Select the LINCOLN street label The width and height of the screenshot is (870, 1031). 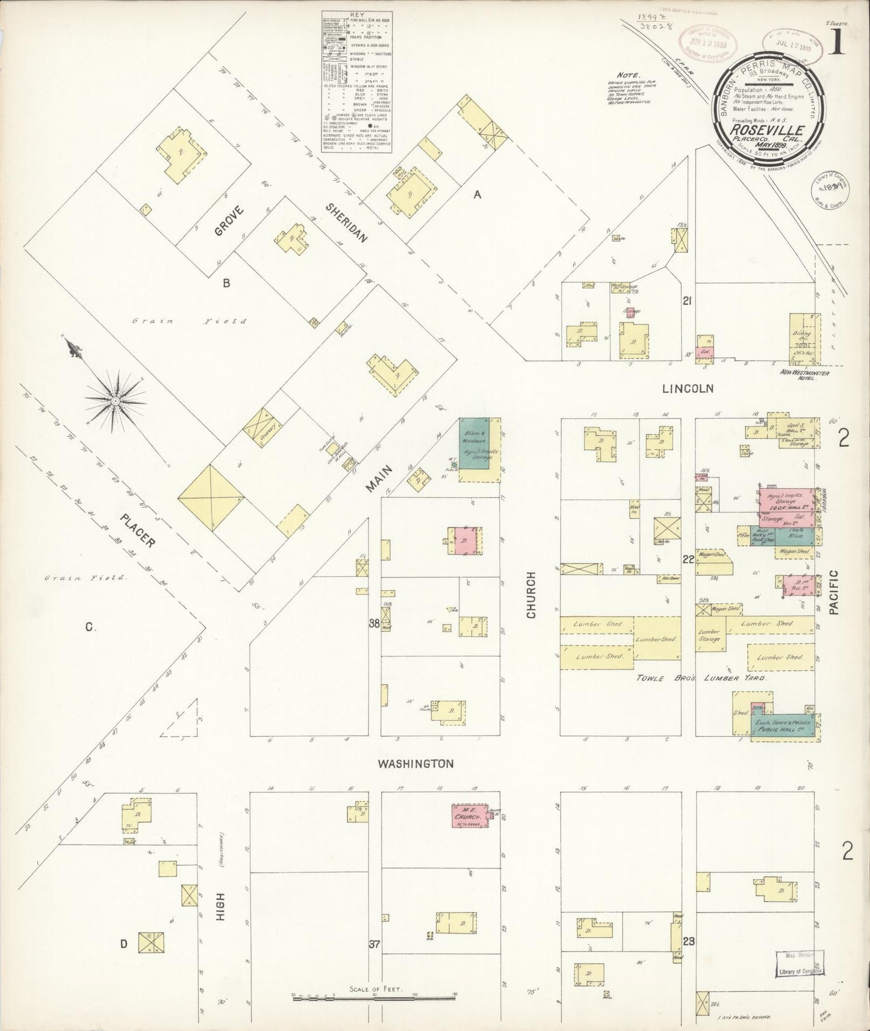[x=688, y=389]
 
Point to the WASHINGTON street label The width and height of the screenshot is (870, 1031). [x=415, y=764]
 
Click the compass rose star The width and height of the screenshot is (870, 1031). [x=114, y=400]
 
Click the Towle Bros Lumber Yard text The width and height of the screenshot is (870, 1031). [x=701, y=678]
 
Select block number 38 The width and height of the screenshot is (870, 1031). [x=374, y=624]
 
